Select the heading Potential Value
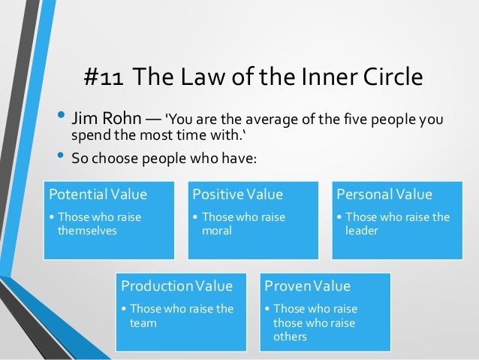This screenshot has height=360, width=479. click(98, 195)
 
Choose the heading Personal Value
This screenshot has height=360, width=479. click(384, 195)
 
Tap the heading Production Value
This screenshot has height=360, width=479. click(177, 286)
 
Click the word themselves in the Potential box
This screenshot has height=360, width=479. click(87, 231)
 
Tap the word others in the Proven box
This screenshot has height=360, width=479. click(290, 337)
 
